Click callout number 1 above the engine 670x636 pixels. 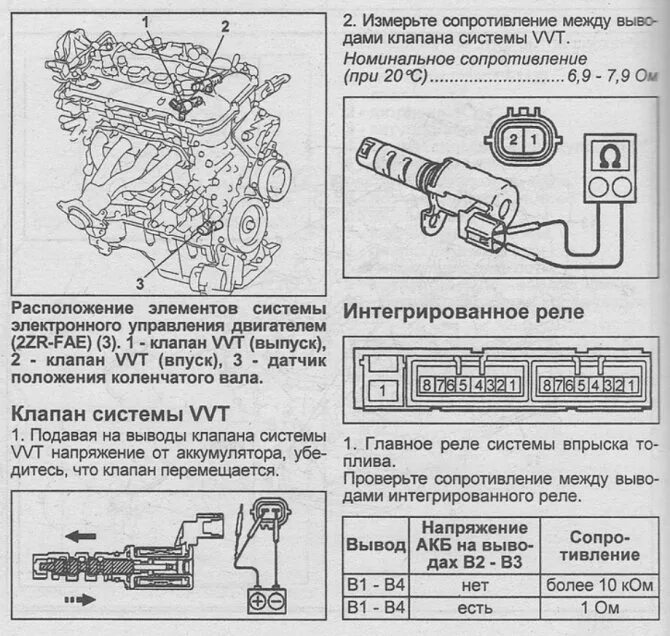click(x=146, y=20)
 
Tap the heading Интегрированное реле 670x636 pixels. click(x=463, y=311)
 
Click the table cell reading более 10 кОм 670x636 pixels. click(x=600, y=584)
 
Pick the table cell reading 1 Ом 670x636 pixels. click(x=600, y=607)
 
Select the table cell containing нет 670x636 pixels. click(x=475, y=584)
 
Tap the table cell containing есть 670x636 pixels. click(x=475, y=607)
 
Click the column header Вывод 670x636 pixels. click(x=375, y=545)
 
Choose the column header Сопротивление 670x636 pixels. click(x=600, y=545)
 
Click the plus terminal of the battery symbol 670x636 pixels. click(x=257, y=601)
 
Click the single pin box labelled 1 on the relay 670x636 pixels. click(x=378, y=390)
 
